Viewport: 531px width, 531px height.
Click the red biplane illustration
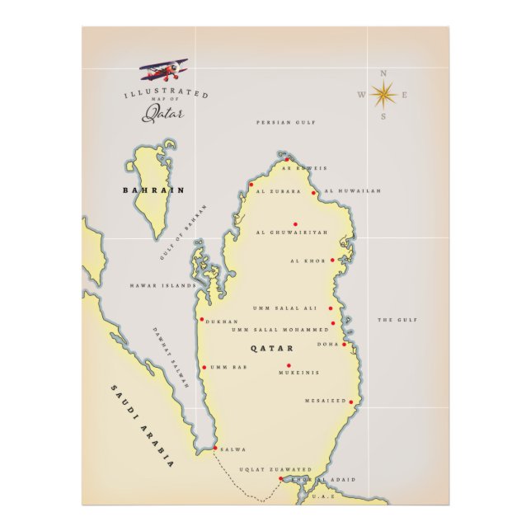click(163, 69)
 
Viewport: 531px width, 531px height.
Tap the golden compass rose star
click(383, 95)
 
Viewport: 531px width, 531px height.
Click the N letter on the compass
click(383, 73)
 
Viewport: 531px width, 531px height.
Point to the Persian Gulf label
click(285, 122)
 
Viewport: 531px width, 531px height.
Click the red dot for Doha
click(345, 344)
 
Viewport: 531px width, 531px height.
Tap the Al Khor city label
click(308, 261)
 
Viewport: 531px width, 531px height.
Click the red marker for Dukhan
click(201, 319)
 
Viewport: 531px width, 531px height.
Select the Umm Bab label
click(228, 368)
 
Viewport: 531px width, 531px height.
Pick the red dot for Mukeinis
click(289, 365)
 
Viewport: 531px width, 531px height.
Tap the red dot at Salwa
click(215, 448)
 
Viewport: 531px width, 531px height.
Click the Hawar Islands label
click(162, 285)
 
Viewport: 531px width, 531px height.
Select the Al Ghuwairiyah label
click(292, 233)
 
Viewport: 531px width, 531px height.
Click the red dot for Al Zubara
click(251, 185)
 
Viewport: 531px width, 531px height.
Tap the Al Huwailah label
click(353, 191)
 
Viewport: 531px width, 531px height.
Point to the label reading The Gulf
click(397, 320)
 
